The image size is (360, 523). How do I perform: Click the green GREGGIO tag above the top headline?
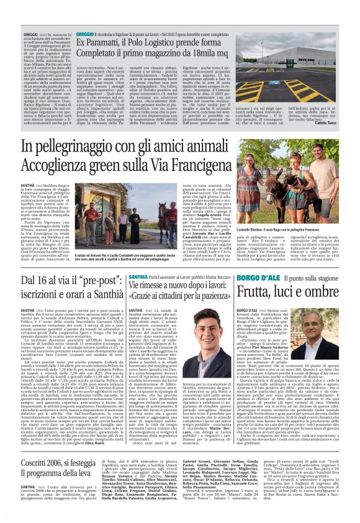[85, 31]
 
